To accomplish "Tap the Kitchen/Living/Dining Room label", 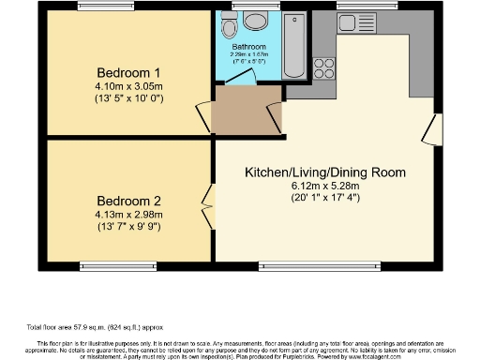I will [x=324, y=172].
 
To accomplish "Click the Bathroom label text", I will [x=249, y=47].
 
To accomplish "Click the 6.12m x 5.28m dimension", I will [x=324, y=186].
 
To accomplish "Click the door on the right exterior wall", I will [x=432, y=129].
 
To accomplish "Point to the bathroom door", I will [x=272, y=89].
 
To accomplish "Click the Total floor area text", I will [x=82, y=328].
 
